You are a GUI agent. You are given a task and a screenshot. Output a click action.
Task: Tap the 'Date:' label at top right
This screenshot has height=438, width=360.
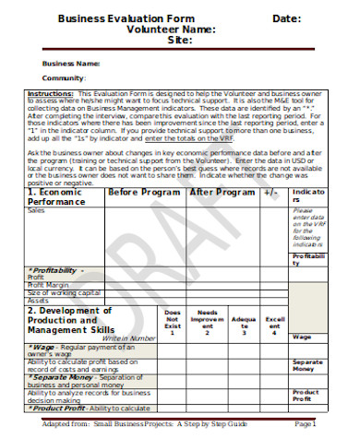pos(286,18)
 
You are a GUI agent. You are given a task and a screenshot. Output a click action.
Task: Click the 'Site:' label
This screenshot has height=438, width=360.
pos(180,41)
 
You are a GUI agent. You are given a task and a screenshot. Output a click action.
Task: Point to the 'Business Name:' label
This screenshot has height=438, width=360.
pos(71,63)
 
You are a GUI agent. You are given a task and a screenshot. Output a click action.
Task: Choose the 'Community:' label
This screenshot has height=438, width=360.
pos(64,78)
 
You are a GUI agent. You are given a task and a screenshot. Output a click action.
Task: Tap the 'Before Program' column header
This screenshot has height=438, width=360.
pos(145,194)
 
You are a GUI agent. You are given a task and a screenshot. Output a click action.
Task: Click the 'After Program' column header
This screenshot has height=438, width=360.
pos(222,194)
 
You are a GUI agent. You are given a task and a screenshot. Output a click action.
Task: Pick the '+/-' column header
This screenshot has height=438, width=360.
pos(270,194)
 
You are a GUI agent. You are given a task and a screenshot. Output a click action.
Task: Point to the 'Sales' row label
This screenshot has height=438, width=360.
pos(37,211)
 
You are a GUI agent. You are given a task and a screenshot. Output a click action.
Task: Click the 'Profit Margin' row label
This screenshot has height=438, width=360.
pos(48,284)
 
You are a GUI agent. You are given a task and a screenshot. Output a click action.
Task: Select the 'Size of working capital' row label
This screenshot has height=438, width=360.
pos(63,292)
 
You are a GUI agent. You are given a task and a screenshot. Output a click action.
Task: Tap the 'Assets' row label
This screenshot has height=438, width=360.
pos(38,301)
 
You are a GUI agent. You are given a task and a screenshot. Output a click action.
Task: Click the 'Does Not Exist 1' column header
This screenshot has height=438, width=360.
pos(172,322)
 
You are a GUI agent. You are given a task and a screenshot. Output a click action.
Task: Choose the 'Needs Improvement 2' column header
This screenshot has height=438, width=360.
pos(208,322)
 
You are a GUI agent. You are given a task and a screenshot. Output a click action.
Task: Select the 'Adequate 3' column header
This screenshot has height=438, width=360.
pos(239,322)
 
